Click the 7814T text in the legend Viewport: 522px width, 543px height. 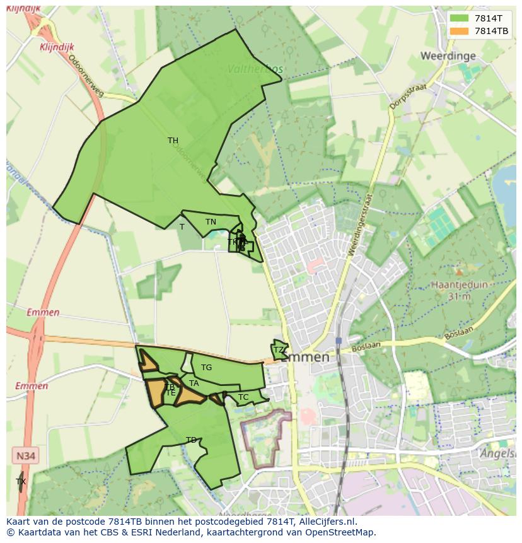coord(489,18)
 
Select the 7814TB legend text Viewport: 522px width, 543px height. coord(492,31)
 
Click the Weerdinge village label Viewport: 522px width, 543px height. coord(448,56)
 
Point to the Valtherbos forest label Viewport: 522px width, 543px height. coord(255,69)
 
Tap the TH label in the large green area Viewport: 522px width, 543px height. coord(173,141)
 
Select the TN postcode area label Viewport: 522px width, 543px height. coord(211,222)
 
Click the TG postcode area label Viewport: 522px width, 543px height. coord(206,368)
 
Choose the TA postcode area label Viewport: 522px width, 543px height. coord(194,383)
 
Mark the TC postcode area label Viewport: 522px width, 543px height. coord(243,397)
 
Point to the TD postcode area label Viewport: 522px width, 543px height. coord(191,440)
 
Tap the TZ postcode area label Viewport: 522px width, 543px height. coord(278,350)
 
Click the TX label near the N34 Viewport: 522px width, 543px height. coord(21,482)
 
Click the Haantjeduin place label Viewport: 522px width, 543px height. coord(459,284)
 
